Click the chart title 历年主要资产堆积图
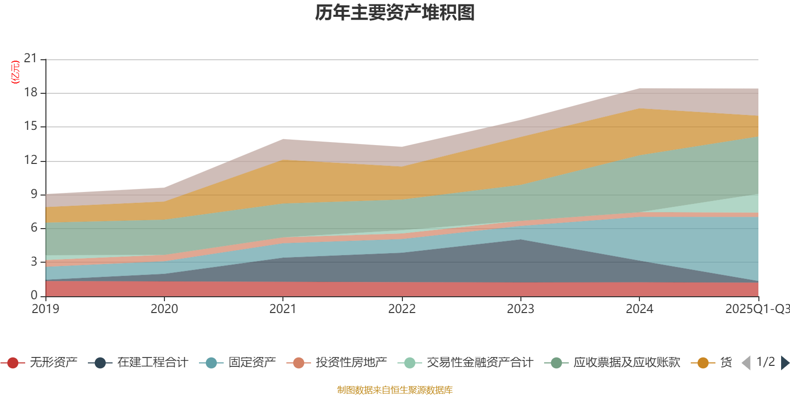click(x=395, y=13)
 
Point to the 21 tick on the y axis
click(x=31, y=59)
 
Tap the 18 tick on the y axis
click(x=31, y=92)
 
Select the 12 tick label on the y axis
click(x=31, y=160)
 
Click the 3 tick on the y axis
click(x=34, y=261)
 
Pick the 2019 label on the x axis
click(x=45, y=309)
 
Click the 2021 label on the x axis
click(x=283, y=309)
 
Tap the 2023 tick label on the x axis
click(x=520, y=309)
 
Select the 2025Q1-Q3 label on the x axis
click(x=756, y=309)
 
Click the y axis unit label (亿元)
click(x=15, y=72)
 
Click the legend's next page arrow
click(x=785, y=363)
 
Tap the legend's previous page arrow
click(x=746, y=363)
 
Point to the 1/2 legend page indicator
click(x=765, y=362)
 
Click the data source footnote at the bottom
click(x=395, y=390)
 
